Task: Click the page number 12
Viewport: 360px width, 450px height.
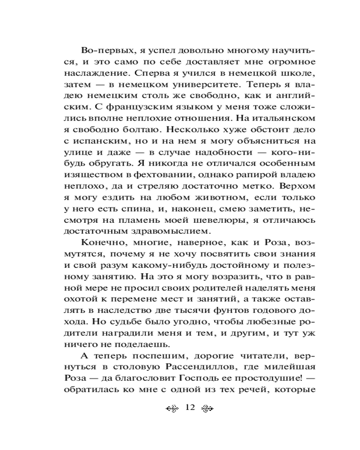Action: [189, 408]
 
